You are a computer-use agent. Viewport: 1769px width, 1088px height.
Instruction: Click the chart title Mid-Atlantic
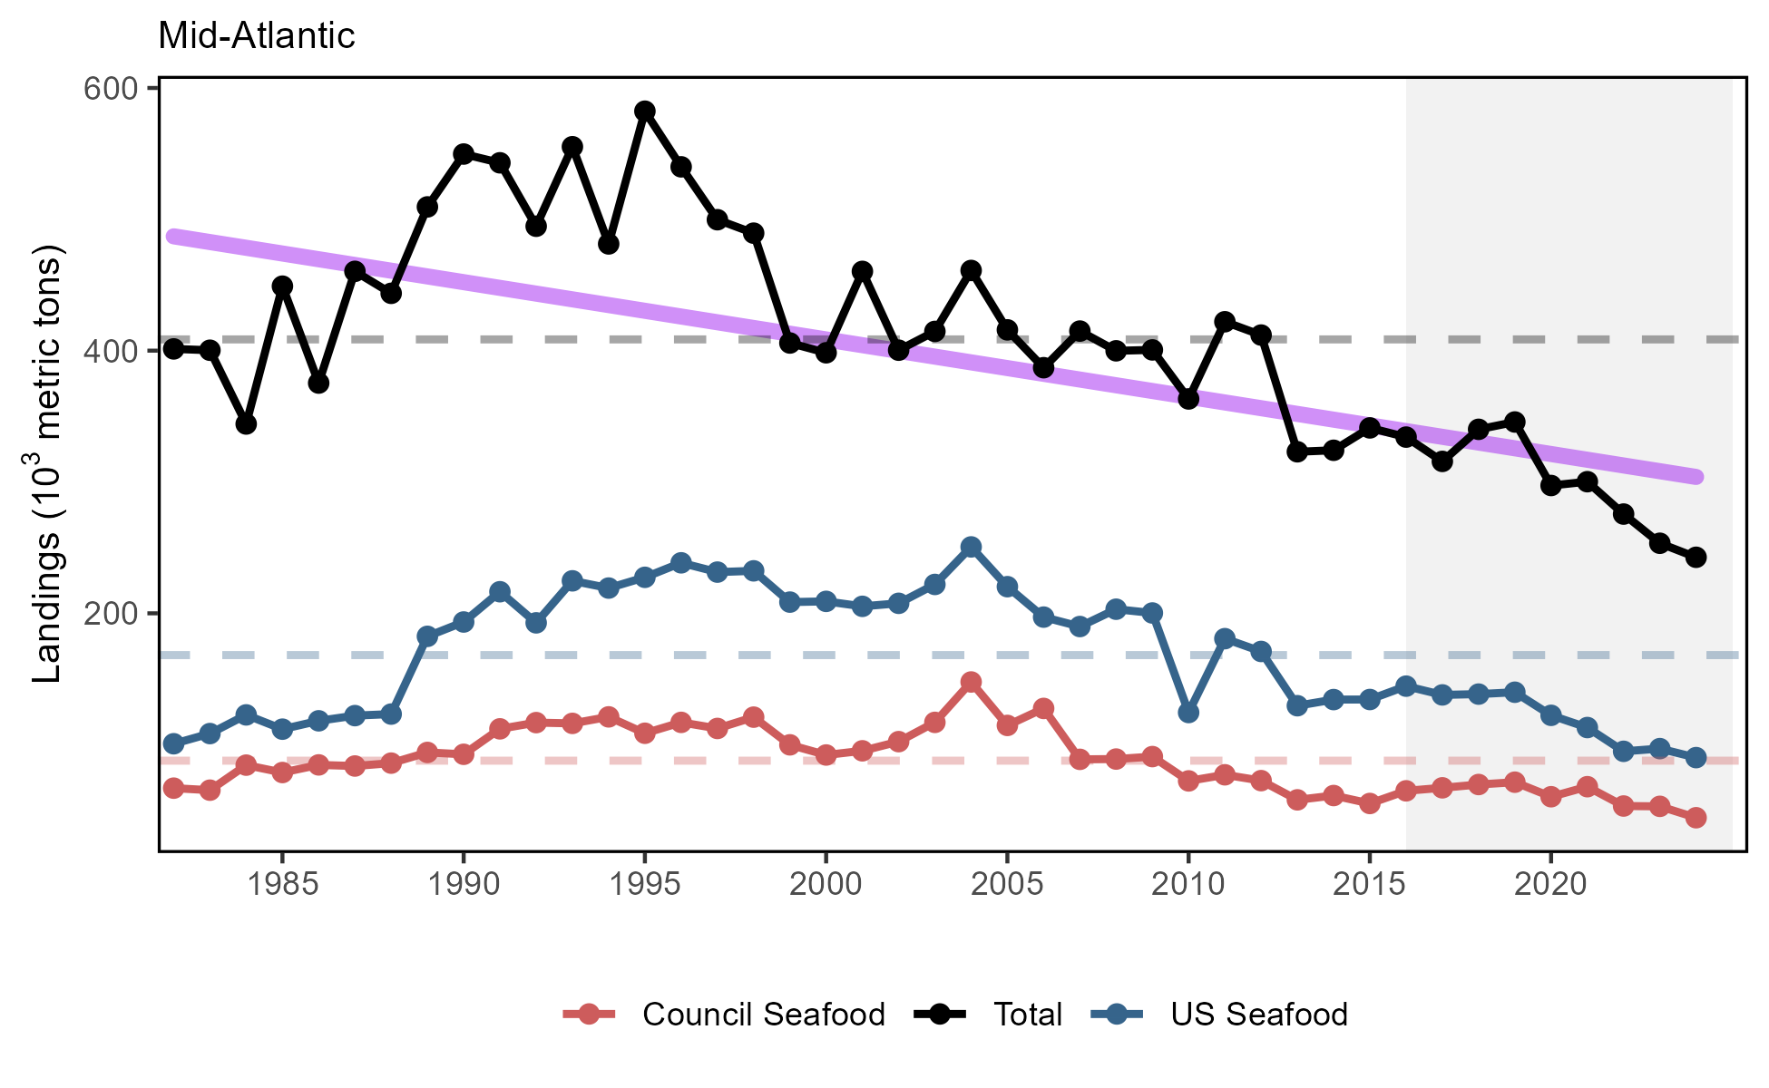[257, 36]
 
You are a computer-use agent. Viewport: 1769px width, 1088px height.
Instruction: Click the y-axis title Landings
[47, 463]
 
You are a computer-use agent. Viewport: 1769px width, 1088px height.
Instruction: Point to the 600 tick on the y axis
[109, 89]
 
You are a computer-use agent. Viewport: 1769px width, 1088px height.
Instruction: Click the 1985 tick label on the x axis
[282, 885]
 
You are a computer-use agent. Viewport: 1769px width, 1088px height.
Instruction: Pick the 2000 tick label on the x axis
[826, 885]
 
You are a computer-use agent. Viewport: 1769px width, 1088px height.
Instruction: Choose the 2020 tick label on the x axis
[1550, 885]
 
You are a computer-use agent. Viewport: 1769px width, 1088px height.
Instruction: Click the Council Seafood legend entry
[763, 1015]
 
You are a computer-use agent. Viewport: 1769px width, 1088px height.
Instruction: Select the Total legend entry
[1027, 1015]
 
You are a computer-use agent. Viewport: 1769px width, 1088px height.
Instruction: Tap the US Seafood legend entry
[1258, 1015]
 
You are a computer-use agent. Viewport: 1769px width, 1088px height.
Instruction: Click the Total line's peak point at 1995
[645, 112]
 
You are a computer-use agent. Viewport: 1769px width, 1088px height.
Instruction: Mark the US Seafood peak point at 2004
[971, 547]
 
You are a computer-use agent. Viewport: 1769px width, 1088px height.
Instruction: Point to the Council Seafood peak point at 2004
[971, 682]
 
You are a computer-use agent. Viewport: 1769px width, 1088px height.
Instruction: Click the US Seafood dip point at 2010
[1188, 714]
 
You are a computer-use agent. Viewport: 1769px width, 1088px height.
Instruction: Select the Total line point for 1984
[246, 423]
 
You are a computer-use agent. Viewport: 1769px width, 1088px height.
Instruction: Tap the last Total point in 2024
[1696, 558]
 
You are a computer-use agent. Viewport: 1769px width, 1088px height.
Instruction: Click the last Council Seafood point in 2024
[1696, 818]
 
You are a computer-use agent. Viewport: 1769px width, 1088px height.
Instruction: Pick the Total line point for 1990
[464, 153]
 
